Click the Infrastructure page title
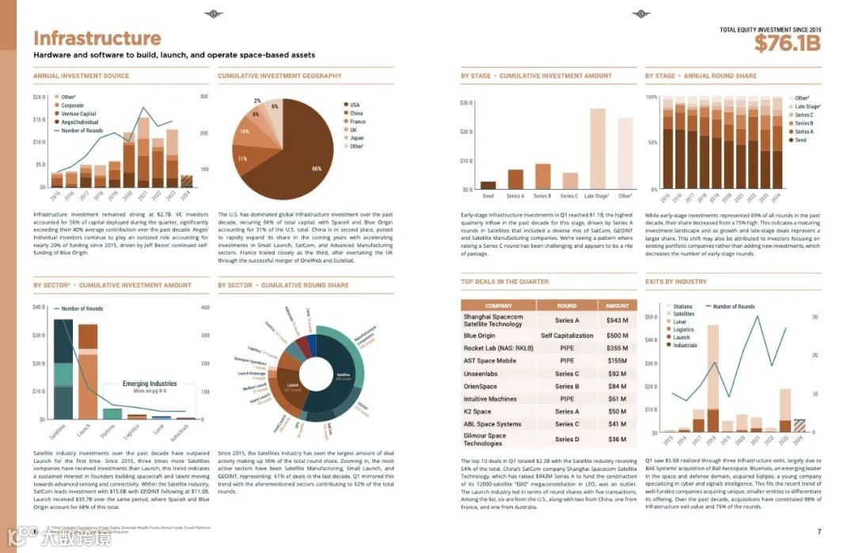click(x=97, y=39)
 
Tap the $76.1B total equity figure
click(x=787, y=44)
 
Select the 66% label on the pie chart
click(x=316, y=169)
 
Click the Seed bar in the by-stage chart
click(x=488, y=185)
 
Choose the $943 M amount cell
click(x=617, y=320)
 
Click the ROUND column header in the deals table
click(x=566, y=305)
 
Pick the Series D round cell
click(x=567, y=439)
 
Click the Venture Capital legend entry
click(x=77, y=114)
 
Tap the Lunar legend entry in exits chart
click(x=681, y=322)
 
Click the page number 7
click(x=819, y=531)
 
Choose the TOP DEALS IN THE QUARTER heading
click(x=504, y=282)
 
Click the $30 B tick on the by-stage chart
click(x=466, y=104)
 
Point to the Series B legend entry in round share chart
click(x=803, y=123)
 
